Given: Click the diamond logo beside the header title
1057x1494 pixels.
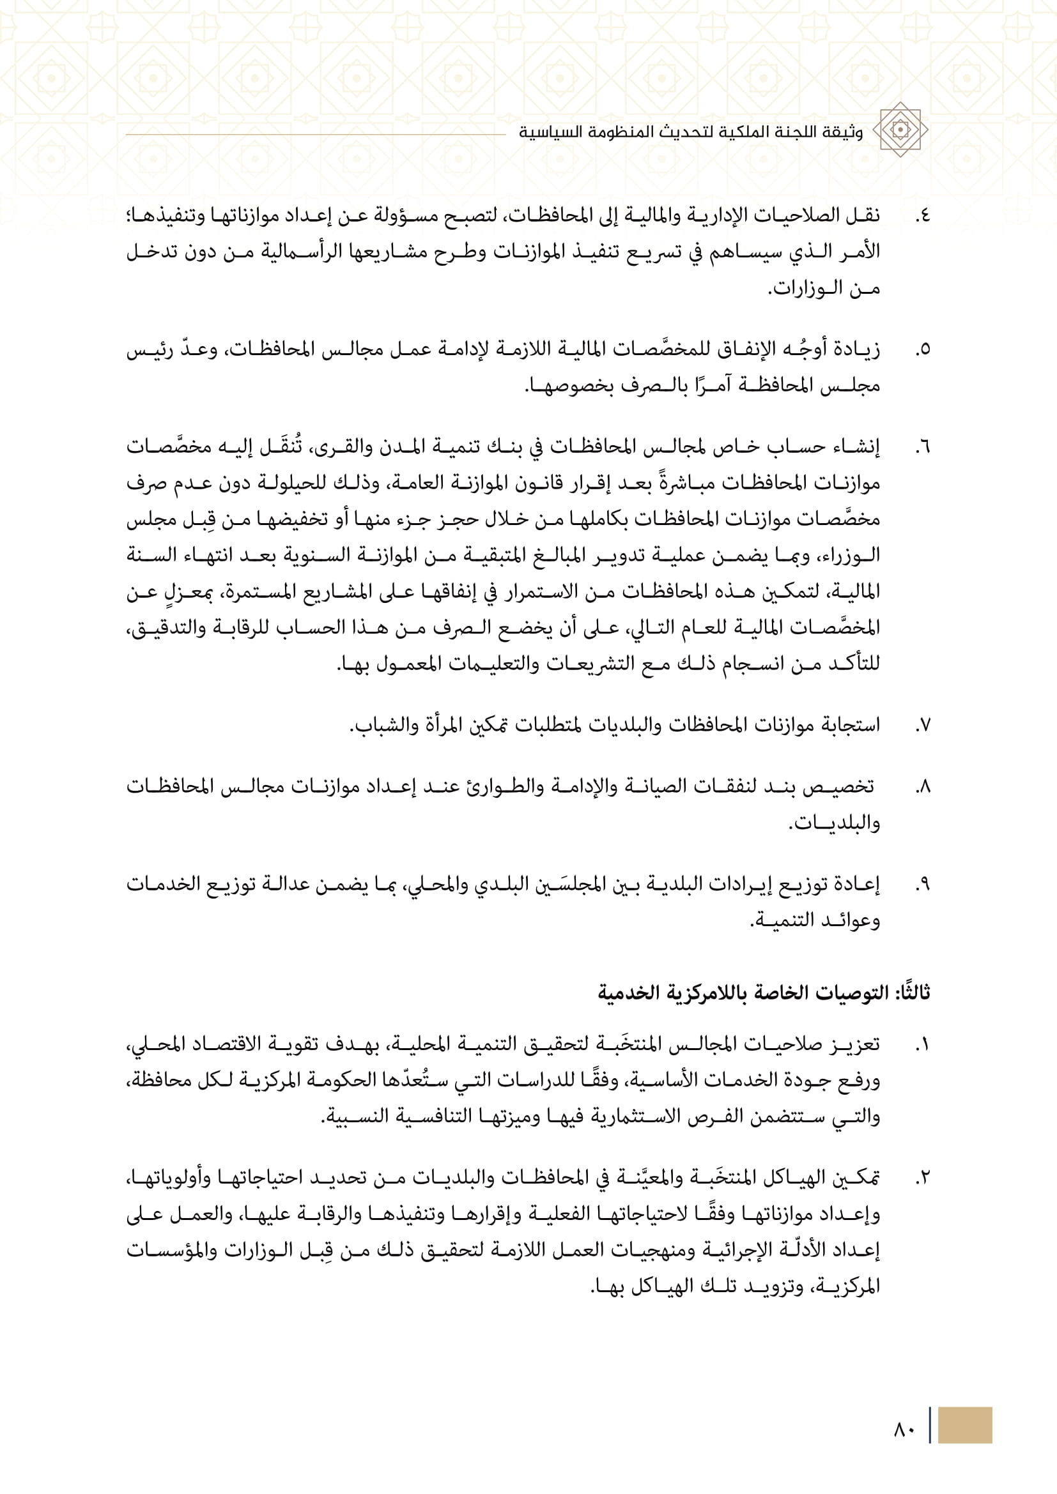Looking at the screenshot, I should coord(900,130).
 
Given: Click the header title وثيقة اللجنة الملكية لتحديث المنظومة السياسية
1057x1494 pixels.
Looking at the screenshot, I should coord(691,132).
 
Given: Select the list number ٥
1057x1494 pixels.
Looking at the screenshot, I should coord(922,350).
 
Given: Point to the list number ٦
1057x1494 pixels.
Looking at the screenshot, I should coord(922,448).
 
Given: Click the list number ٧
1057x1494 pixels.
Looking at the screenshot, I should coord(922,725).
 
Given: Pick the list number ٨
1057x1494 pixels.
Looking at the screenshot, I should coord(922,788).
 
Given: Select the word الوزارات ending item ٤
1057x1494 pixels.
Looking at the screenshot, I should coord(801,288).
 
